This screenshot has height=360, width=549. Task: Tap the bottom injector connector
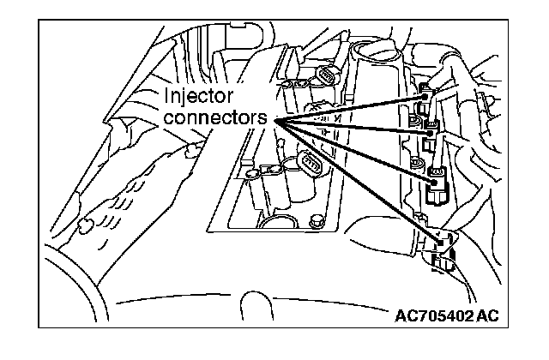[444, 249]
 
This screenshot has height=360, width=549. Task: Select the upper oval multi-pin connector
[327, 77]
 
